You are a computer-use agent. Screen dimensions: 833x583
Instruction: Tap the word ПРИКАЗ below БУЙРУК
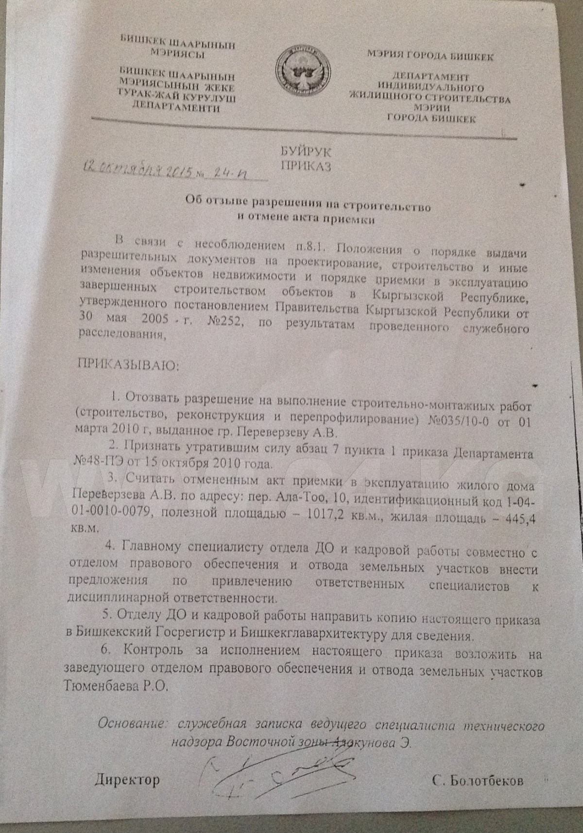coord(306,167)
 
